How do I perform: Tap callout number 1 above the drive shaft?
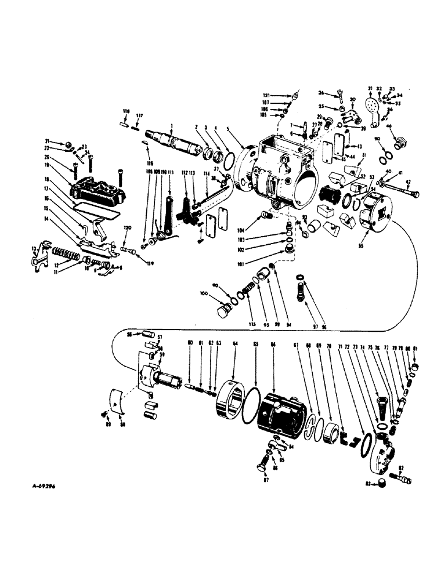point(172,126)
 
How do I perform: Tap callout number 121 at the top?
point(266,95)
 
